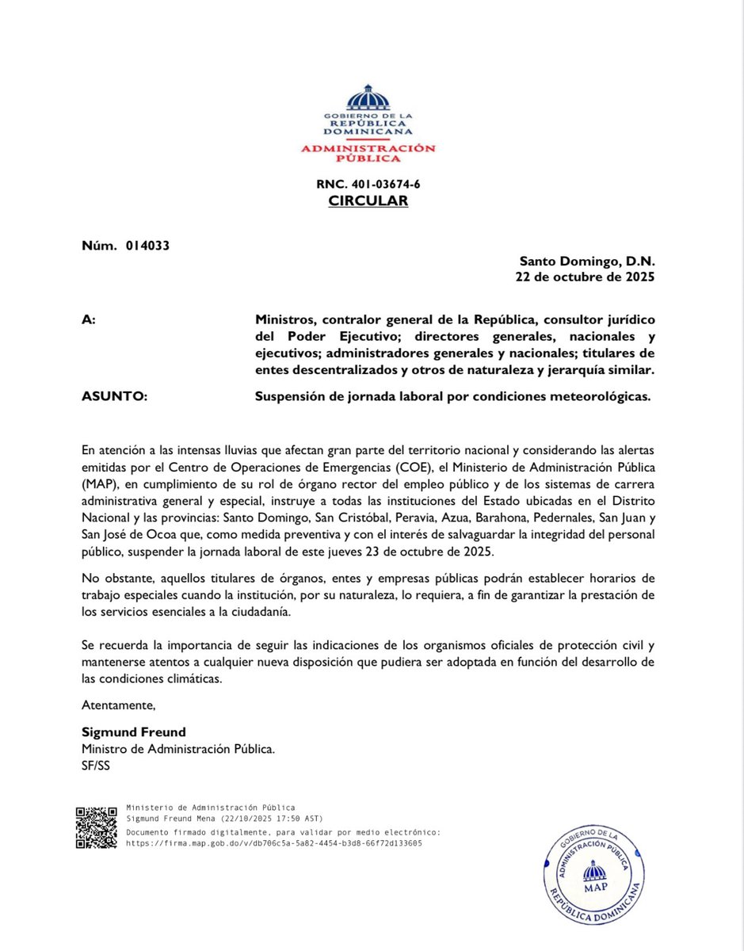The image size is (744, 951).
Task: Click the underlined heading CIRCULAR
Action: [x=368, y=201]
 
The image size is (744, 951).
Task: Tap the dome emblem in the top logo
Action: [x=368, y=99]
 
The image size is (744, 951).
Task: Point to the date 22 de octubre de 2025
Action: [x=586, y=277]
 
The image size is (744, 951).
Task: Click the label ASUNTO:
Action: [x=115, y=397]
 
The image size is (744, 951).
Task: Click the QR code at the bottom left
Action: [x=97, y=827]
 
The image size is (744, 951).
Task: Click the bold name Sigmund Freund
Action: [x=133, y=731]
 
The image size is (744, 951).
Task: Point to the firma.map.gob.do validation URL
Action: [x=274, y=843]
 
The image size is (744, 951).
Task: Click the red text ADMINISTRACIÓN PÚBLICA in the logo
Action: [x=368, y=153]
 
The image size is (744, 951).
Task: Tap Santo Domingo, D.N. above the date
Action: [x=587, y=261]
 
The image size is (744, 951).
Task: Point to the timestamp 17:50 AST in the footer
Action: [x=300, y=818]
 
